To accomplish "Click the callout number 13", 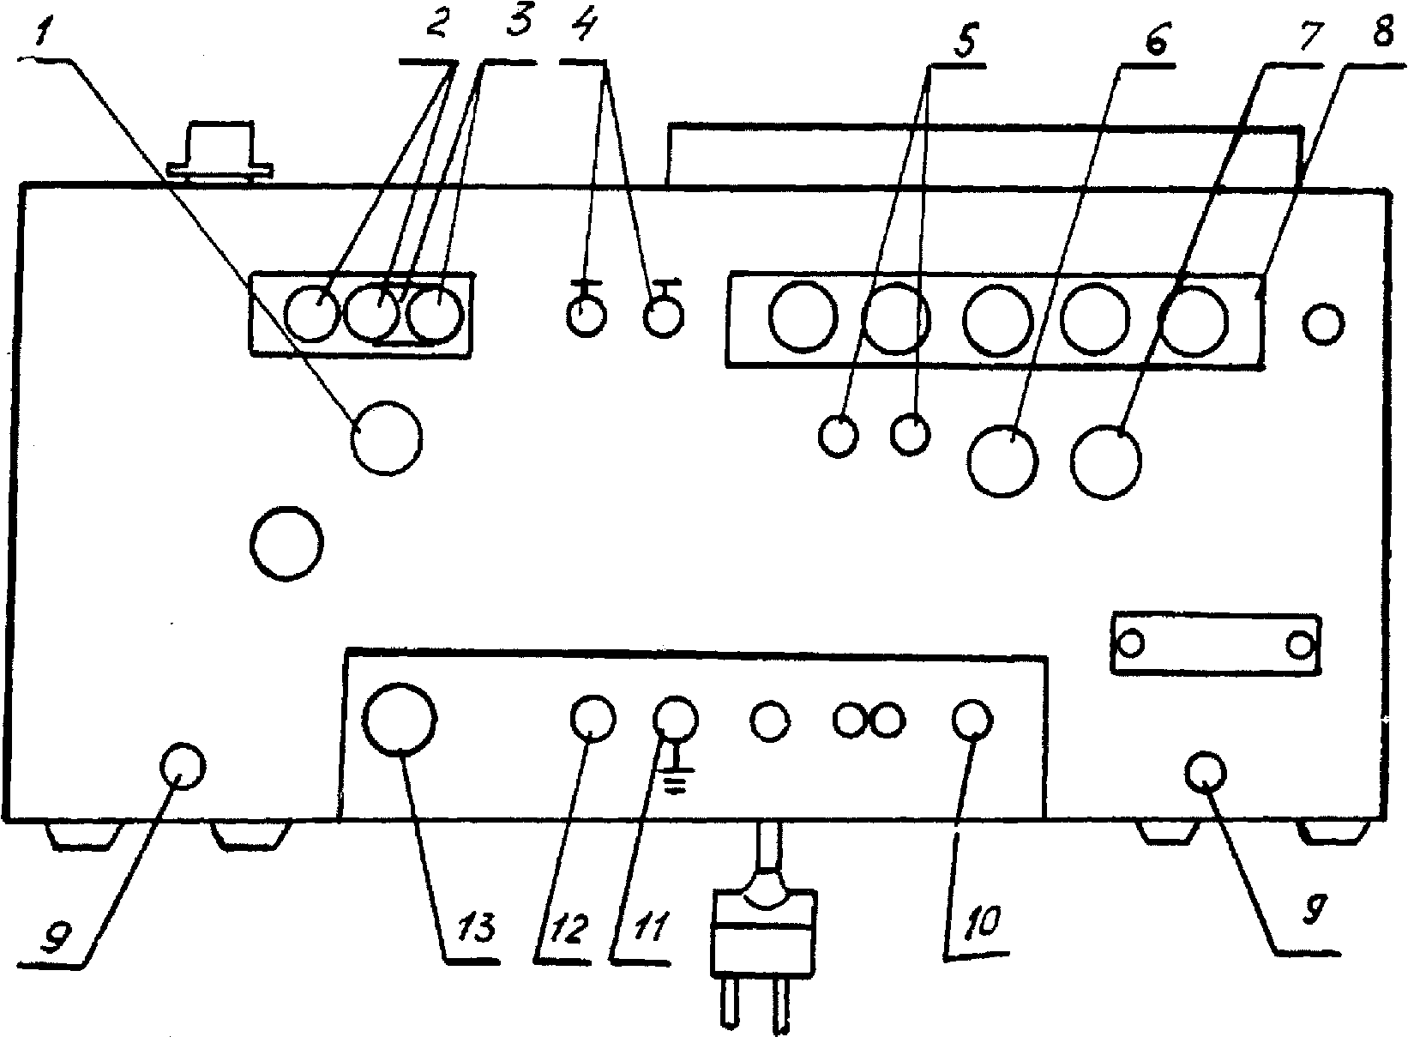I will [465, 925].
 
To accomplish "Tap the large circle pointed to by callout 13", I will [400, 717].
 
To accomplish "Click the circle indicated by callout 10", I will [973, 720].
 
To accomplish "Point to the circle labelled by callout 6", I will [1002, 460].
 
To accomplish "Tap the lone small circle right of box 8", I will [1323, 323].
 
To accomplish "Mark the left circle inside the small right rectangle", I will [1132, 642].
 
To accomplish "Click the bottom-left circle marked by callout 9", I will [182, 765].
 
